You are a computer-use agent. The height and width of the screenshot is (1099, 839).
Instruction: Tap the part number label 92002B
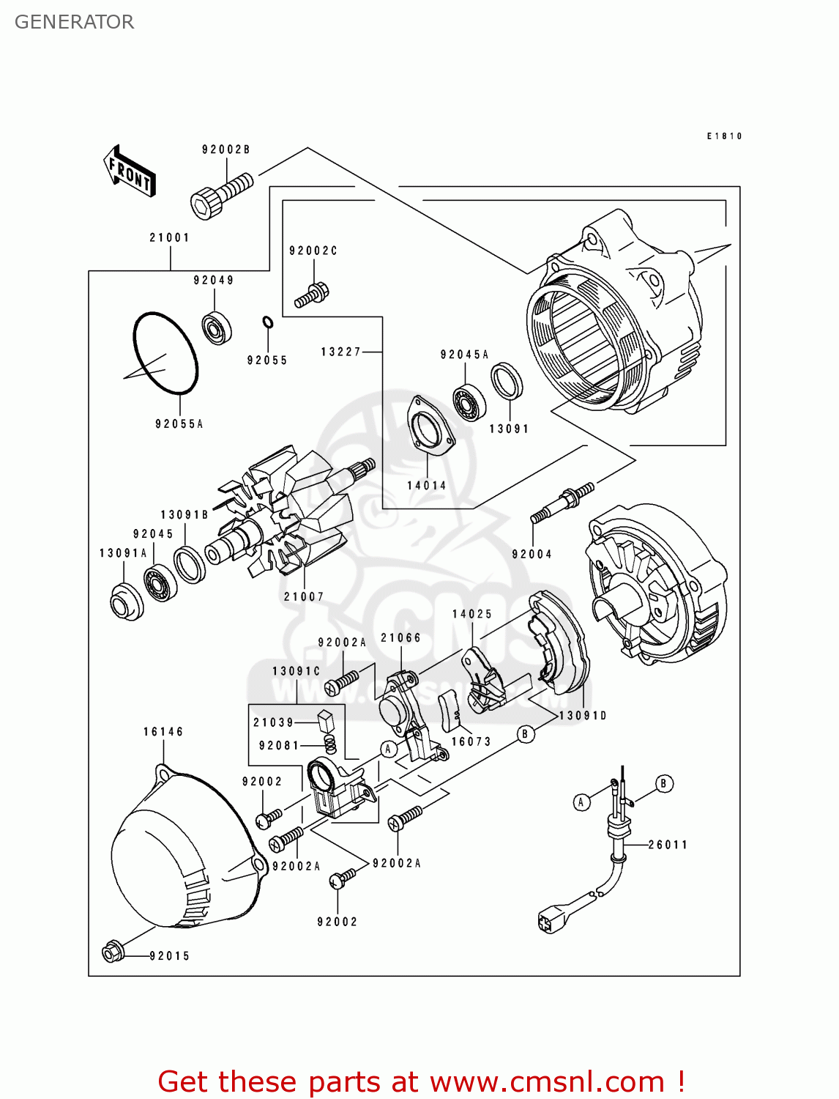click(x=225, y=149)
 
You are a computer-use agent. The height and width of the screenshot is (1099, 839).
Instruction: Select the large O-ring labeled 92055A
click(x=165, y=353)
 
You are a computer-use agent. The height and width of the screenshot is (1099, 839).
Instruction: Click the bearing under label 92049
click(x=217, y=328)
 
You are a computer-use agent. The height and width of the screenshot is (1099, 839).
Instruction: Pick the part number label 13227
click(x=340, y=352)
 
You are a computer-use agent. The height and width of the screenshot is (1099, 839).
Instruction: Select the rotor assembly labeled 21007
click(x=293, y=513)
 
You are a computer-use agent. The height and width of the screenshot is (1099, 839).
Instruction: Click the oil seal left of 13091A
click(x=126, y=602)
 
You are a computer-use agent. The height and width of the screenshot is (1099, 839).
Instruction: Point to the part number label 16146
click(x=163, y=731)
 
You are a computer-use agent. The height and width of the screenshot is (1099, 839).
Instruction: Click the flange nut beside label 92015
click(x=112, y=952)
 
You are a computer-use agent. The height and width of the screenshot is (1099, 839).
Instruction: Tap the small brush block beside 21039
click(x=326, y=719)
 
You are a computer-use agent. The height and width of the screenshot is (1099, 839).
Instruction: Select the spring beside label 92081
click(x=330, y=744)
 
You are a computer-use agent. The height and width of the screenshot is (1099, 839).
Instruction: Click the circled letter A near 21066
click(x=389, y=748)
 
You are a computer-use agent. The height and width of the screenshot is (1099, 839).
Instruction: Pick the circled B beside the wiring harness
click(x=663, y=783)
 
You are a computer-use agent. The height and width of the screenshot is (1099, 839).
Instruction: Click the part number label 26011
click(x=668, y=845)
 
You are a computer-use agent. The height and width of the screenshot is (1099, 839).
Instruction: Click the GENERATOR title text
click(x=74, y=22)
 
